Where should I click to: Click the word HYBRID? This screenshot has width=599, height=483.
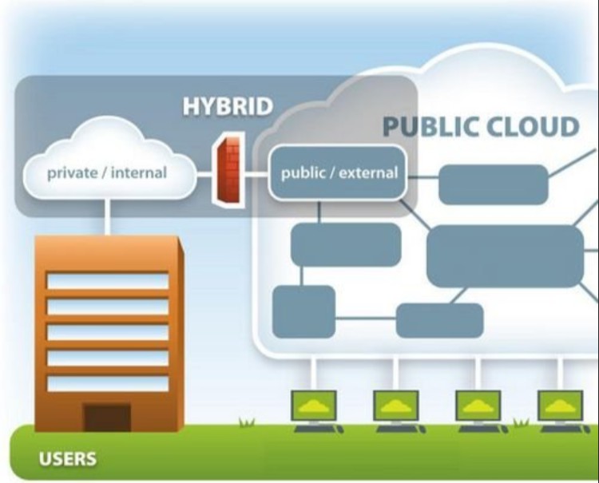(228, 105)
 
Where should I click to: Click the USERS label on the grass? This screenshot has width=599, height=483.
(68, 458)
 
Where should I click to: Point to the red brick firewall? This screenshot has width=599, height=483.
(229, 170)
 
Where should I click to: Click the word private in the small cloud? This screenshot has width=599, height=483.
(72, 173)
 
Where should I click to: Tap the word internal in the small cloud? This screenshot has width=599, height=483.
(139, 172)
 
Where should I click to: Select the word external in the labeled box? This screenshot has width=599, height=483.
(368, 173)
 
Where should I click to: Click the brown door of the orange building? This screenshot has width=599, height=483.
(107, 417)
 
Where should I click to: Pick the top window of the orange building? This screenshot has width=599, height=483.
(107, 281)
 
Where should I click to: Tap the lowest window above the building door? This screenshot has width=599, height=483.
(107, 383)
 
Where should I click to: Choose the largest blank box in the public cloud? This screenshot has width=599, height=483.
(505, 255)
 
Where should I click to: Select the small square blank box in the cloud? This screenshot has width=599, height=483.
(303, 311)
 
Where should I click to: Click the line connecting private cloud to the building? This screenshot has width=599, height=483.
(107, 216)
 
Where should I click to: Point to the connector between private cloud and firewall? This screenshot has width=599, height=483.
(204, 175)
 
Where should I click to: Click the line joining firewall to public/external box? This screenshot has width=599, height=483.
(256, 175)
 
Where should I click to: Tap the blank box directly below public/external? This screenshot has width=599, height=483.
(346, 244)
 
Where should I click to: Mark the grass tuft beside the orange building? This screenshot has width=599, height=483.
(247, 422)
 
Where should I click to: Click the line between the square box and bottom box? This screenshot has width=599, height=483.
(366, 318)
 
